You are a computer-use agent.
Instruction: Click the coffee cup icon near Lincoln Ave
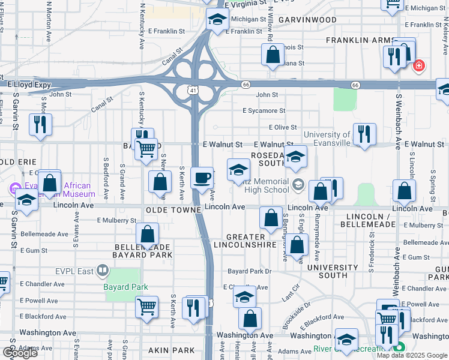click(x=202, y=177)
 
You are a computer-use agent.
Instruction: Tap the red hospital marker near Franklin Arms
click(x=419, y=65)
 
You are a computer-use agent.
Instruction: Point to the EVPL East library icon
click(x=103, y=272)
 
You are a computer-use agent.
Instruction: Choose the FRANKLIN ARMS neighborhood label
click(x=357, y=40)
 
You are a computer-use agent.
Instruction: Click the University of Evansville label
click(x=327, y=139)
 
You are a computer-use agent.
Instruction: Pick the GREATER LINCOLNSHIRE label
click(x=251, y=241)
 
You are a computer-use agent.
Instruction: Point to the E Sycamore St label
click(x=264, y=111)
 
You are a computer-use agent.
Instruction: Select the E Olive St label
click(x=283, y=127)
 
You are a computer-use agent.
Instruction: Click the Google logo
click(x=20, y=353)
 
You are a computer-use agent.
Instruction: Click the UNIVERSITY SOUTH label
click(x=332, y=271)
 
